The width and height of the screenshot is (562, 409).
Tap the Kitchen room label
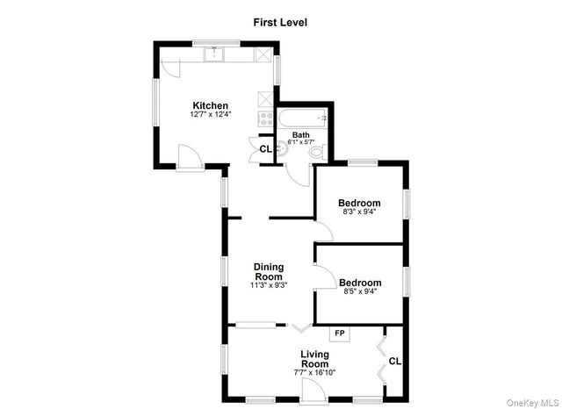click(211, 106)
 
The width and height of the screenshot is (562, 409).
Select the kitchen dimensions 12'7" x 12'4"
click(211, 115)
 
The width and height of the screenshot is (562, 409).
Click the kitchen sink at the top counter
click(215, 54)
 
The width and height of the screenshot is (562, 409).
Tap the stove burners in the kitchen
click(263, 118)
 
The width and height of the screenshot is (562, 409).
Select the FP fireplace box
click(340, 334)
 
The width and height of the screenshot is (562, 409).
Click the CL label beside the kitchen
click(265, 148)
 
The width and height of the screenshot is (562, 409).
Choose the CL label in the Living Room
click(395, 360)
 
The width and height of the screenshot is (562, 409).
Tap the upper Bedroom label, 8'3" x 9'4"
click(359, 203)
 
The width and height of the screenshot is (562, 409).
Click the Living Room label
click(314, 359)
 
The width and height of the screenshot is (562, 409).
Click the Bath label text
click(300, 134)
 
